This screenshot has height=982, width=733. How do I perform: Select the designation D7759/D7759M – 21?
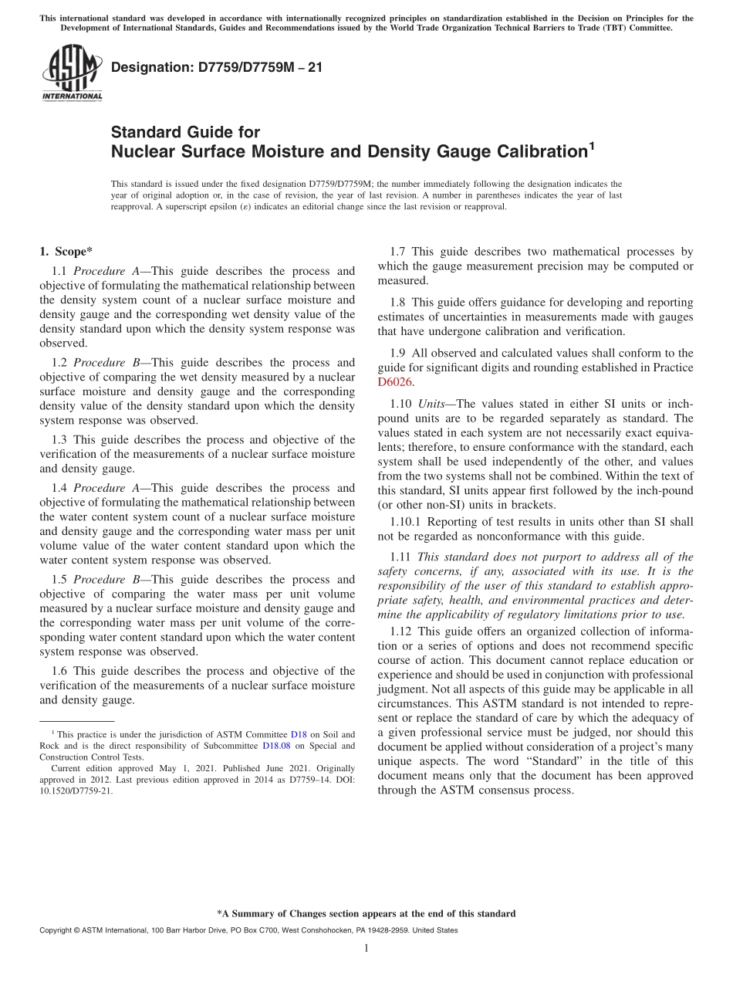pyautogui.click(x=217, y=67)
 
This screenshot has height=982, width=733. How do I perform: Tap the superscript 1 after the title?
pyautogui.click(x=592, y=144)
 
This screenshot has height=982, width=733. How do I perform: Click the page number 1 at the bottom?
pyautogui.click(x=366, y=949)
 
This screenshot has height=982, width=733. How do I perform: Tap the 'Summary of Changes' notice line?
pyautogui.click(x=366, y=913)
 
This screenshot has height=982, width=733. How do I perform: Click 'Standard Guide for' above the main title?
pyautogui.click(x=185, y=132)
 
